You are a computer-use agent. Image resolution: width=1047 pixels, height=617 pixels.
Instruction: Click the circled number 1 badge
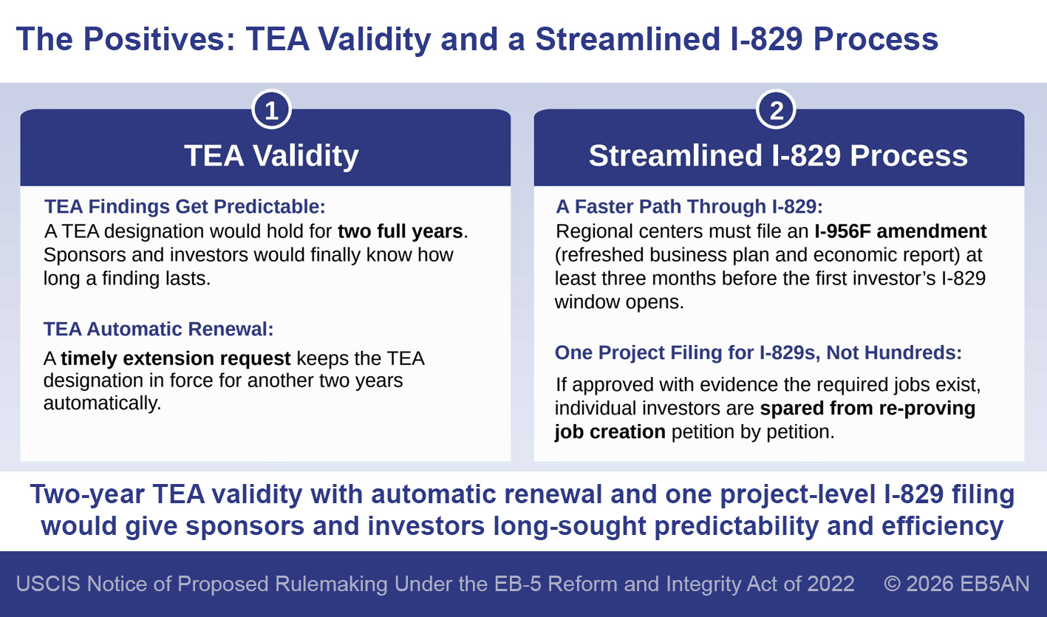pos(271,110)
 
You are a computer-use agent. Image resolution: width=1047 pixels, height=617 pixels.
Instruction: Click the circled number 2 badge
pos(776,110)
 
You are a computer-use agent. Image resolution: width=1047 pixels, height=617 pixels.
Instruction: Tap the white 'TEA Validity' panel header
pos(271,156)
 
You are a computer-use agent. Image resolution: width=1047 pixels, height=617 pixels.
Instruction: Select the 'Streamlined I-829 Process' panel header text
pos(778,155)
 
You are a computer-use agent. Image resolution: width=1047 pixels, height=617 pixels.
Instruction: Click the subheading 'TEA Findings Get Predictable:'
pos(185,206)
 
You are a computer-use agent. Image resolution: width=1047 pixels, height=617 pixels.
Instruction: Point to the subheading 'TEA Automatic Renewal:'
pos(158,329)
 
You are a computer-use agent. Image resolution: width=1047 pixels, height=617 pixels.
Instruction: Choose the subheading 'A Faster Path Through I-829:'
pos(689,206)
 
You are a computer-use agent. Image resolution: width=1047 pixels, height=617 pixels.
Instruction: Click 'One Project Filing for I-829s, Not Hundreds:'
pos(758,352)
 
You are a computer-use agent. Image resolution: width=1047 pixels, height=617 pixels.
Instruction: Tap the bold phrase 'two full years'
pos(400,231)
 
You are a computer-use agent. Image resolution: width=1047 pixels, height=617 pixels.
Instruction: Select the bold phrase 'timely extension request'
pos(176,358)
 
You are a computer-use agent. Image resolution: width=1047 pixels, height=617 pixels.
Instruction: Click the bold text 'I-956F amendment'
pos(900,231)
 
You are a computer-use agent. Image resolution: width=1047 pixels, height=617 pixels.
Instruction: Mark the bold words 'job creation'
pos(610,432)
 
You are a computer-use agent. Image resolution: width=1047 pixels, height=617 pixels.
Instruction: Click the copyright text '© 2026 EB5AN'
pos(956,584)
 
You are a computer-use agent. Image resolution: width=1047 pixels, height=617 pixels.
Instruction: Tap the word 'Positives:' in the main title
pos(160,39)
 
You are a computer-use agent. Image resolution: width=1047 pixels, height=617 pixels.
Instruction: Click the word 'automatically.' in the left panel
pos(103,403)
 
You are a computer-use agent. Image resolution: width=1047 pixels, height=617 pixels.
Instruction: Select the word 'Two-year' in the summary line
pos(87,495)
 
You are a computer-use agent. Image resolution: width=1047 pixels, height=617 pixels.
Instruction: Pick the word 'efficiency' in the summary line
pos(942,526)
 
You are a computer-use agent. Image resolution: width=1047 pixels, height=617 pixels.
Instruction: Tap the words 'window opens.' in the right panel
pos(619,302)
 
